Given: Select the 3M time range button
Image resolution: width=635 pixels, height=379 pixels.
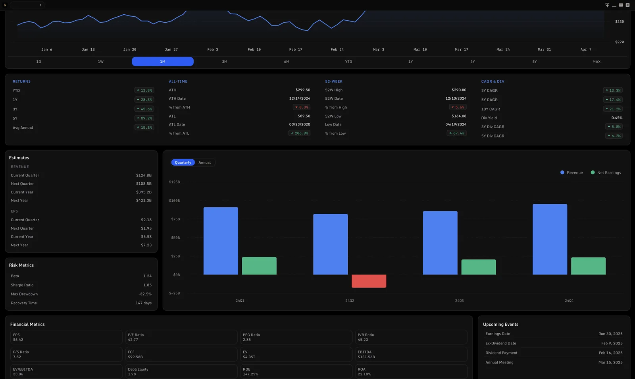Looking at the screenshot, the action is point(225,62).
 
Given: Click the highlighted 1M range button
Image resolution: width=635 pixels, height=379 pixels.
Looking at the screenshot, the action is point(163,62).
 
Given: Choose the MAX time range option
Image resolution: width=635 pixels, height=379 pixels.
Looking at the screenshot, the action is point(597,62).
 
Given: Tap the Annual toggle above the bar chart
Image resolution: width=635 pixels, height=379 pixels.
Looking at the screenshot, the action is point(204,162).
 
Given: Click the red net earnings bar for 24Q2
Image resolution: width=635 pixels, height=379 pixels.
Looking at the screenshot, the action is point(369,281).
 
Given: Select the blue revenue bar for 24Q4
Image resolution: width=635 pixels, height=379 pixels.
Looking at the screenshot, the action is point(550,239).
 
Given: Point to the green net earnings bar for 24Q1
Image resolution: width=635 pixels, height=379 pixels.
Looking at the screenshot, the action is point(259,266).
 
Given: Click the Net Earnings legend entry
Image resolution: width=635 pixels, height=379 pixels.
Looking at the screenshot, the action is point(606,172).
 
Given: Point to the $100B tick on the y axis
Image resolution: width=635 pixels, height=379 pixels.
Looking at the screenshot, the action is point(174,201).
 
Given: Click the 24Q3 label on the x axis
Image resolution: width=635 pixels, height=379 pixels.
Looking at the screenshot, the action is point(459,301).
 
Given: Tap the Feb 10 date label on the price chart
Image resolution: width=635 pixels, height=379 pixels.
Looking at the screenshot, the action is point(254,50).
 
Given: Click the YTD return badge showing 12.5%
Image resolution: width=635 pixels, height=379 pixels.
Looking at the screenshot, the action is point(144,91).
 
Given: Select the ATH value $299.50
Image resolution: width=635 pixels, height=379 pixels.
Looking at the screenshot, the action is point(303,90).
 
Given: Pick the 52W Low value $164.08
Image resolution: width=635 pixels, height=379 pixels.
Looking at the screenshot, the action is point(459,116).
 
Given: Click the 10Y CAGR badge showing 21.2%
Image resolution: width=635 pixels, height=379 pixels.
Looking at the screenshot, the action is point(613,109).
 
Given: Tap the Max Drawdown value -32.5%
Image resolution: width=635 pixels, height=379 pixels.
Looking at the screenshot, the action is point(145,294).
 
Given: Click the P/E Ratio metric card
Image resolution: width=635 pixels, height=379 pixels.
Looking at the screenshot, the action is point(181,337).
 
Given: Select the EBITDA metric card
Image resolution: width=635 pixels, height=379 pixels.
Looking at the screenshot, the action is point(411,354).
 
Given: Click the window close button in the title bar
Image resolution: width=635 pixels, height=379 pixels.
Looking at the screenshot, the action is point(627,5).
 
